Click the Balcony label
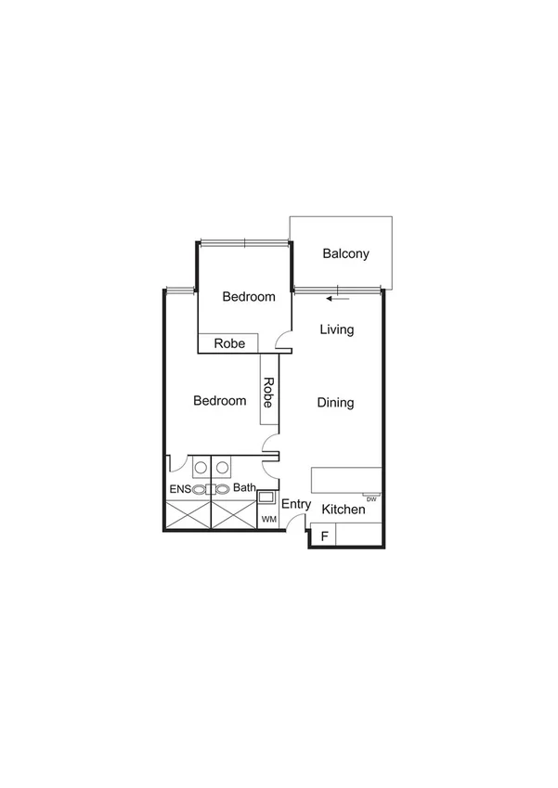coord(346,253)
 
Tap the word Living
coord(336,329)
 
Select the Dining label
coord(336,403)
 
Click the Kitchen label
coord(344,510)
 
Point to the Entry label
coord(296,504)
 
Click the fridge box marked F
coord(324,536)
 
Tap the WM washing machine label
coord(269,519)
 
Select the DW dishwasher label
coord(371,499)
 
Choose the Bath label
coord(244,487)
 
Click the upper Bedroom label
coord(249,297)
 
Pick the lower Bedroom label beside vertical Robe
coord(220,401)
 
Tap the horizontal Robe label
coord(229,343)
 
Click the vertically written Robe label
coord(269,392)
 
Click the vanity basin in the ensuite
coord(200,467)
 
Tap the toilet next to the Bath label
coord(224,488)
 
